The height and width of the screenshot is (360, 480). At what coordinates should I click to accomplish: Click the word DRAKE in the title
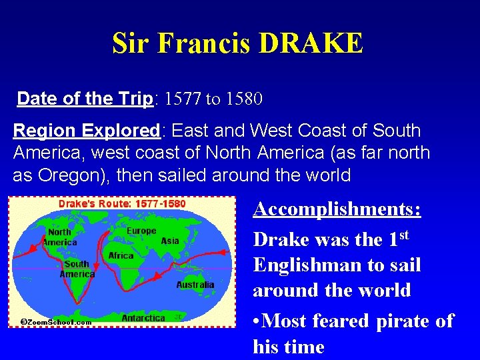[311, 43]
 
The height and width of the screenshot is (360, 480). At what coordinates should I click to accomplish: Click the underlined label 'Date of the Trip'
[85, 99]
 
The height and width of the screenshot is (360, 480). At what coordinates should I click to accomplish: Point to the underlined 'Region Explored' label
[84, 131]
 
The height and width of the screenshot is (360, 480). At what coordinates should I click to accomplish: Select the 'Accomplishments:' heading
[337, 209]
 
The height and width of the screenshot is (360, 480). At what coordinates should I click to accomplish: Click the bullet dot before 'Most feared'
[257, 321]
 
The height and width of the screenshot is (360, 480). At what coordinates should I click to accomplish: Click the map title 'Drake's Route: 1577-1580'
[122, 203]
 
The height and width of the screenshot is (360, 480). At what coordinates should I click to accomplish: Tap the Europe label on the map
[141, 231]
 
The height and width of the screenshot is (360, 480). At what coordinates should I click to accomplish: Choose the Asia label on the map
[170, 241]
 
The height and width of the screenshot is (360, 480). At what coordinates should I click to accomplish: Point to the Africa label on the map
[121, 255]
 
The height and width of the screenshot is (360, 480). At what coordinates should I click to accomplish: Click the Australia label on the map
[195, 285]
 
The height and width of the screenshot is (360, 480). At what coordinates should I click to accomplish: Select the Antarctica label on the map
[143, 318]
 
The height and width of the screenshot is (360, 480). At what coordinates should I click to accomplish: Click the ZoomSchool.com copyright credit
[57, 321]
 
